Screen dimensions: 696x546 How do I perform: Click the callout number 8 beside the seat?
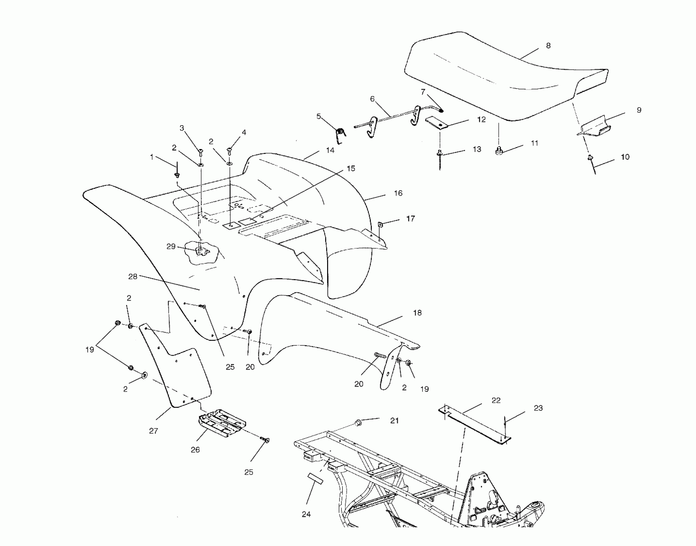(548, 46)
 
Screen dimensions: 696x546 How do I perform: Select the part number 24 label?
(306, 514)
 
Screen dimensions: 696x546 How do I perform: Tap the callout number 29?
(171, 246)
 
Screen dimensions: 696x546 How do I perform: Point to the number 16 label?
(398, 193)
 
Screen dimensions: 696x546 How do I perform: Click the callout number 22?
(496, 401)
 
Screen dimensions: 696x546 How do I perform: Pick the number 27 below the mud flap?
(153, 431)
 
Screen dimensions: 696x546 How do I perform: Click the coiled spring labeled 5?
(340, 135)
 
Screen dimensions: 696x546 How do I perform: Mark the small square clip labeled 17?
(380, 224)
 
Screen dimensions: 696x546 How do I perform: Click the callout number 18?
(417, 313)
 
